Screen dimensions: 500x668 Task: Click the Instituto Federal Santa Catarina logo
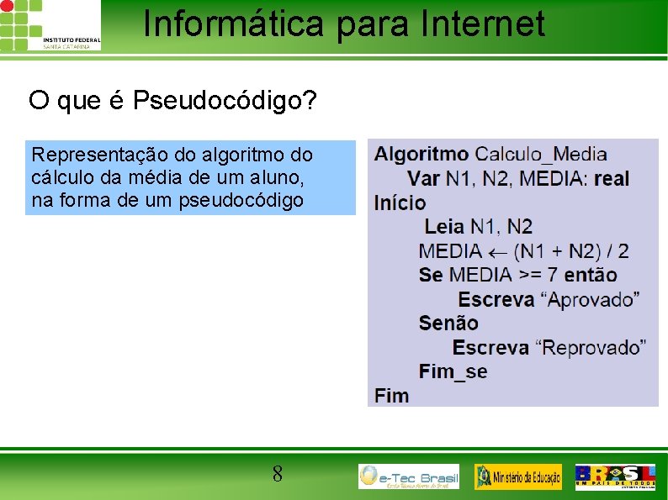tap(50, 25)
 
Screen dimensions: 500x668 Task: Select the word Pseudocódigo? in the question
tap(225, 102)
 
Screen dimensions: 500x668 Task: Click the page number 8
tap(277, 475)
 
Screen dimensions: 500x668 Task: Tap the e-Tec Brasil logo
tap(409, 476)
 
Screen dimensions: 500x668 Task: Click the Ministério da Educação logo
tap(518, 476)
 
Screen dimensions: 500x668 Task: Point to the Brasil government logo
tap(615, 476)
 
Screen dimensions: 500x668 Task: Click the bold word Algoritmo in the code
tap(421, 154)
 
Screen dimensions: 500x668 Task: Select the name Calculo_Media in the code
tap(541, 154)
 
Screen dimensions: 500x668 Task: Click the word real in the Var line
tap(611, 178)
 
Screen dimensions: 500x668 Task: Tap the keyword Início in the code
tap(400, 203)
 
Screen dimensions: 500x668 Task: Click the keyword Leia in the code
tap(444, 226)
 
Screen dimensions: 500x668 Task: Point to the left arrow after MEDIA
tap(496, 251)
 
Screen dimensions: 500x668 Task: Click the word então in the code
tap(590, 275)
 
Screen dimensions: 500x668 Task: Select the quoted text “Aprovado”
tap(590, 299)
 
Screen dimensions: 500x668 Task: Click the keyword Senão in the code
tap(448, 323)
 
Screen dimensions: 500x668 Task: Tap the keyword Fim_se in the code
tap(453, 371)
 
